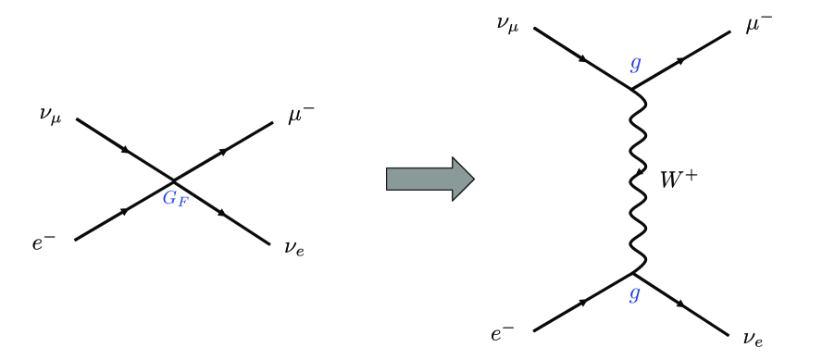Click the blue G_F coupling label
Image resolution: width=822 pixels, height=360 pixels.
175,197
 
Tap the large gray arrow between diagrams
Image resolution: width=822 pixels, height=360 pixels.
430,179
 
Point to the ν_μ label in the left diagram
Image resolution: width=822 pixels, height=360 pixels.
52,117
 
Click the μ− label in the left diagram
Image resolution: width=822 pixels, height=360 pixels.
302,117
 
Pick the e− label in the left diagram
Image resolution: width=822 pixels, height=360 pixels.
44,244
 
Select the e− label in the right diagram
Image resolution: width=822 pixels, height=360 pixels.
503,334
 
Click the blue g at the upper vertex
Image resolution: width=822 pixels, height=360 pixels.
635,65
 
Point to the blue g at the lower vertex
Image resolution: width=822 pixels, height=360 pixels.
635,294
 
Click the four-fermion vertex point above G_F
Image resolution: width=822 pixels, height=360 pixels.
174,179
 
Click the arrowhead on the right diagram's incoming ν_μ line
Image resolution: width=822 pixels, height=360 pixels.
584,59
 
